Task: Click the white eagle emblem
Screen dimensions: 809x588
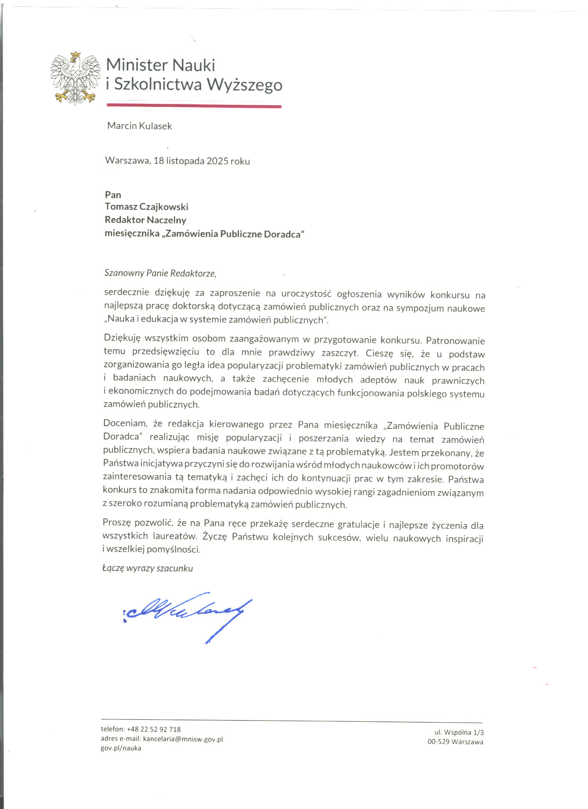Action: (x=75, y=78)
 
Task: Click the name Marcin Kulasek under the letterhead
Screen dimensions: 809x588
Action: (x=139, y=126)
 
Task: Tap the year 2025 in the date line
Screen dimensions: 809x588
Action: (x=217, y=161)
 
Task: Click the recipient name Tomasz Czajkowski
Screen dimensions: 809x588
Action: (x=146, y=207)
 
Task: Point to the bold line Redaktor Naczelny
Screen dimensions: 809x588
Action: (x=145, y=220)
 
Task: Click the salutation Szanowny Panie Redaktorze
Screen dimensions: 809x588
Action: (x=160, y=273)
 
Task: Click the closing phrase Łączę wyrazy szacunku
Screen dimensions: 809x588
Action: (x=148, y=568)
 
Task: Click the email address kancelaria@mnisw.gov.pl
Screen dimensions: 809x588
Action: (x=183, y=739)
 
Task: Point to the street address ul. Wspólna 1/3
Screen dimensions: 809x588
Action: (x=459, y=732)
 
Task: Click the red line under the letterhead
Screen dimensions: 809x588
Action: (x=194, y=106)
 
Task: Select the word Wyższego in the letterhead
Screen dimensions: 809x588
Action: (x=244, y=85)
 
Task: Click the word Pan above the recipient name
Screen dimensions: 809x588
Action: (x=113, y=195)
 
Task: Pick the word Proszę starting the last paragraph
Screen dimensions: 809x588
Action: (x=117, y=523)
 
